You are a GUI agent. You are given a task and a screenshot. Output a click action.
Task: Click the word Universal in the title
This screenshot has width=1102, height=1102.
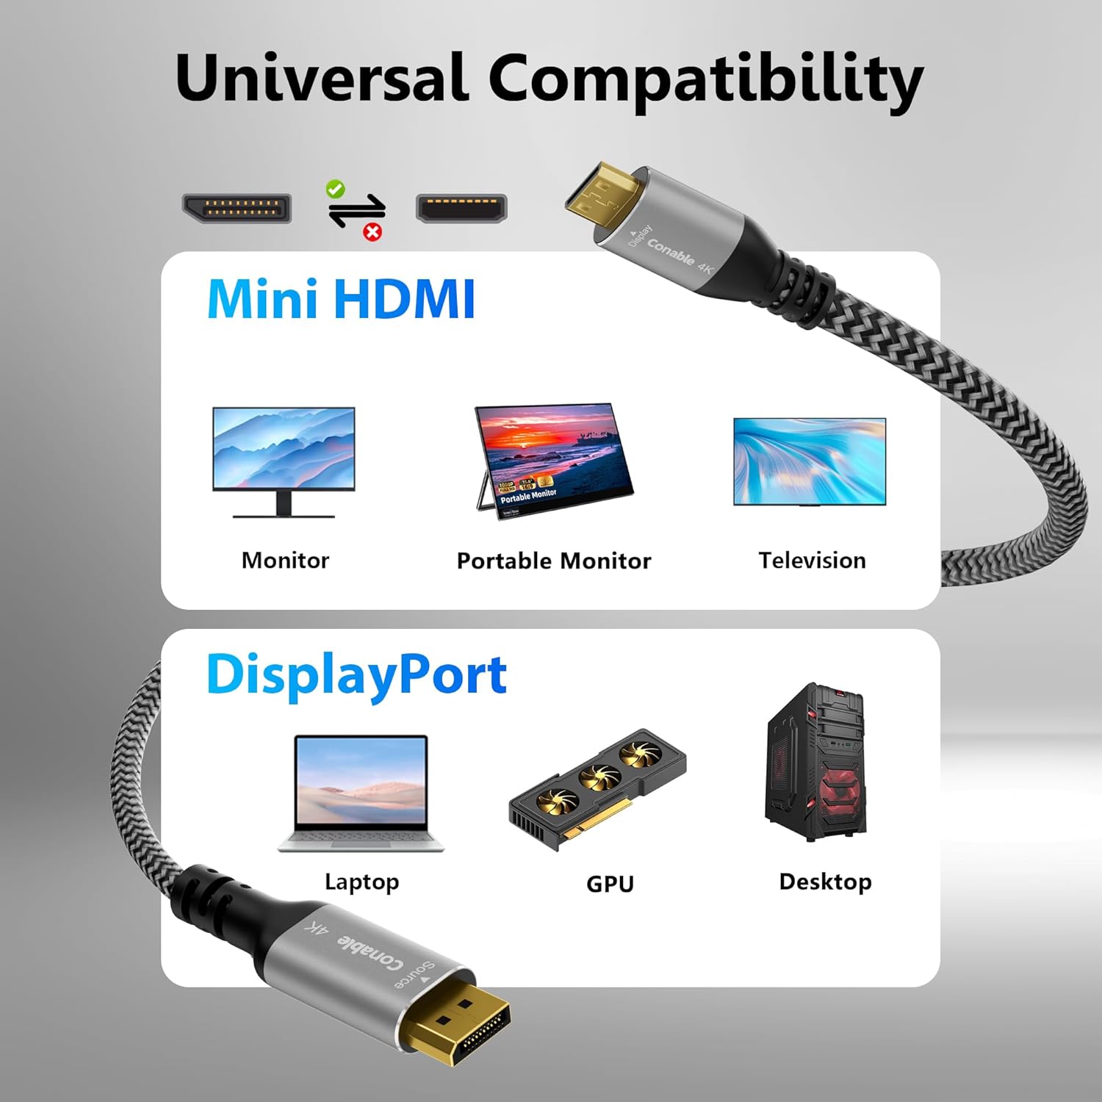[322, 78]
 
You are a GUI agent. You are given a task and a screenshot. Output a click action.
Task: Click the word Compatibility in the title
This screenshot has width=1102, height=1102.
[705, 81]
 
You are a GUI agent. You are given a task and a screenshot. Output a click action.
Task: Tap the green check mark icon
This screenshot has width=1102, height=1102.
[335, 189]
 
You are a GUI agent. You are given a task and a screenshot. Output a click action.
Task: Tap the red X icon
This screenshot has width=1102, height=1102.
[373, 233]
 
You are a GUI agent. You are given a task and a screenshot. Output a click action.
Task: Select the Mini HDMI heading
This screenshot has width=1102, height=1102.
[341, 299]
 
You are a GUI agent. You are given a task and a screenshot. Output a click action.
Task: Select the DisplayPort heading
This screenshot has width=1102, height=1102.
[356, 674]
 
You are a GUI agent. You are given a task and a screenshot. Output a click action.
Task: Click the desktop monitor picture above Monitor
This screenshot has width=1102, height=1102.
[284, 459]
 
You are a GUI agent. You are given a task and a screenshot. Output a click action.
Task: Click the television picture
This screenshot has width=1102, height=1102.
[810, 461]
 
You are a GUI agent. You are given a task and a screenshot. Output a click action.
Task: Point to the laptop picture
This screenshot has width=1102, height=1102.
[361, 793]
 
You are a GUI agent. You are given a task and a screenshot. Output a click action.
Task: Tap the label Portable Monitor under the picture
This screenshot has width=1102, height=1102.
[554, 561]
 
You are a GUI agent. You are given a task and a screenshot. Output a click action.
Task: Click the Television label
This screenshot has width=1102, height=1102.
[812, 561]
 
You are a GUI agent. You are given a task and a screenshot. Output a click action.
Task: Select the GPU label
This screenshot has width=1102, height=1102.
[610, 884]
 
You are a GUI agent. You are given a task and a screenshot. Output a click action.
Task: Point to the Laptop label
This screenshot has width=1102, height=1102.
[361, 882]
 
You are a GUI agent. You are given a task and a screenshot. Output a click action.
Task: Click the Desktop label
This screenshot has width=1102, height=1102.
[825, 882]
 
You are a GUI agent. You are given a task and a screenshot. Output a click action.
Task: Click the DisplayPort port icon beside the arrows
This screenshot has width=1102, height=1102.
[237, 208]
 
